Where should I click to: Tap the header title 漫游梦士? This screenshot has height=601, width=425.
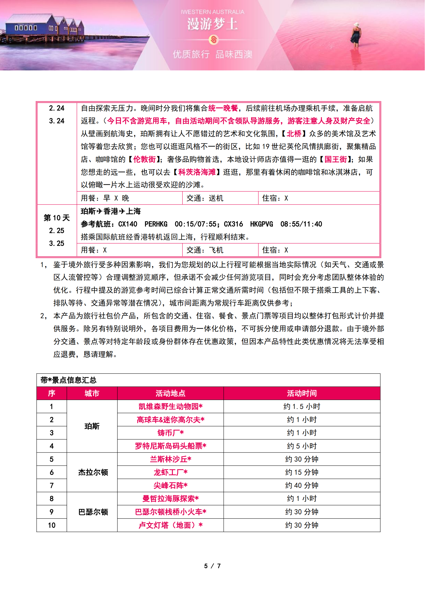[x=212, y=24]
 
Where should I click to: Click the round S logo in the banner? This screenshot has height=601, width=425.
[x=214, y=40]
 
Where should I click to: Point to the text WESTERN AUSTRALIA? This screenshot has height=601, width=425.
[x=212, y=12]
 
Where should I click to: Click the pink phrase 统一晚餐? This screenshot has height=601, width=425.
[x=223, y=108]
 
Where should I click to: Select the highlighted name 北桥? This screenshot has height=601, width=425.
[x=294, y=134]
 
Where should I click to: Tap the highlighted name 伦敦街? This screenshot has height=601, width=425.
[x=144, y=159]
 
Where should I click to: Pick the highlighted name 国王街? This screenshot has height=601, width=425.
[x=336, y=159]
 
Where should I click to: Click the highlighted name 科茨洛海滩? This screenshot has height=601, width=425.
[x=197, y=172]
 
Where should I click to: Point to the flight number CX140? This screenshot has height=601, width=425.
[x=128, y=224]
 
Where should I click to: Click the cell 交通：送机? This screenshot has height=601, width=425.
[x=205, y=198]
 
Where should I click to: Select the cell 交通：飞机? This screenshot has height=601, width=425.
[x=205, y=250]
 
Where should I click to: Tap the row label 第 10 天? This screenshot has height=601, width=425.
[x=57, y=218]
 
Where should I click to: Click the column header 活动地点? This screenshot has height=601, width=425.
[x=170, y=393]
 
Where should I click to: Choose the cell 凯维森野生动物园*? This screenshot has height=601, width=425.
[x=170, y=406]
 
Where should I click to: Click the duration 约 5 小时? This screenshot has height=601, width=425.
[x=302, y=446]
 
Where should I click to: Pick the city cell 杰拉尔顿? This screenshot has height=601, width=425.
[x=93, y=473]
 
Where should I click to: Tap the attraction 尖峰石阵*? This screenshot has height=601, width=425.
[x=170, y=486]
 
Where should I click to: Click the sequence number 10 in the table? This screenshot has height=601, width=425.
[x=52, y=525]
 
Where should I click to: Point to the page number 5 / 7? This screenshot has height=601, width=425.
[x=212, y=566]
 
